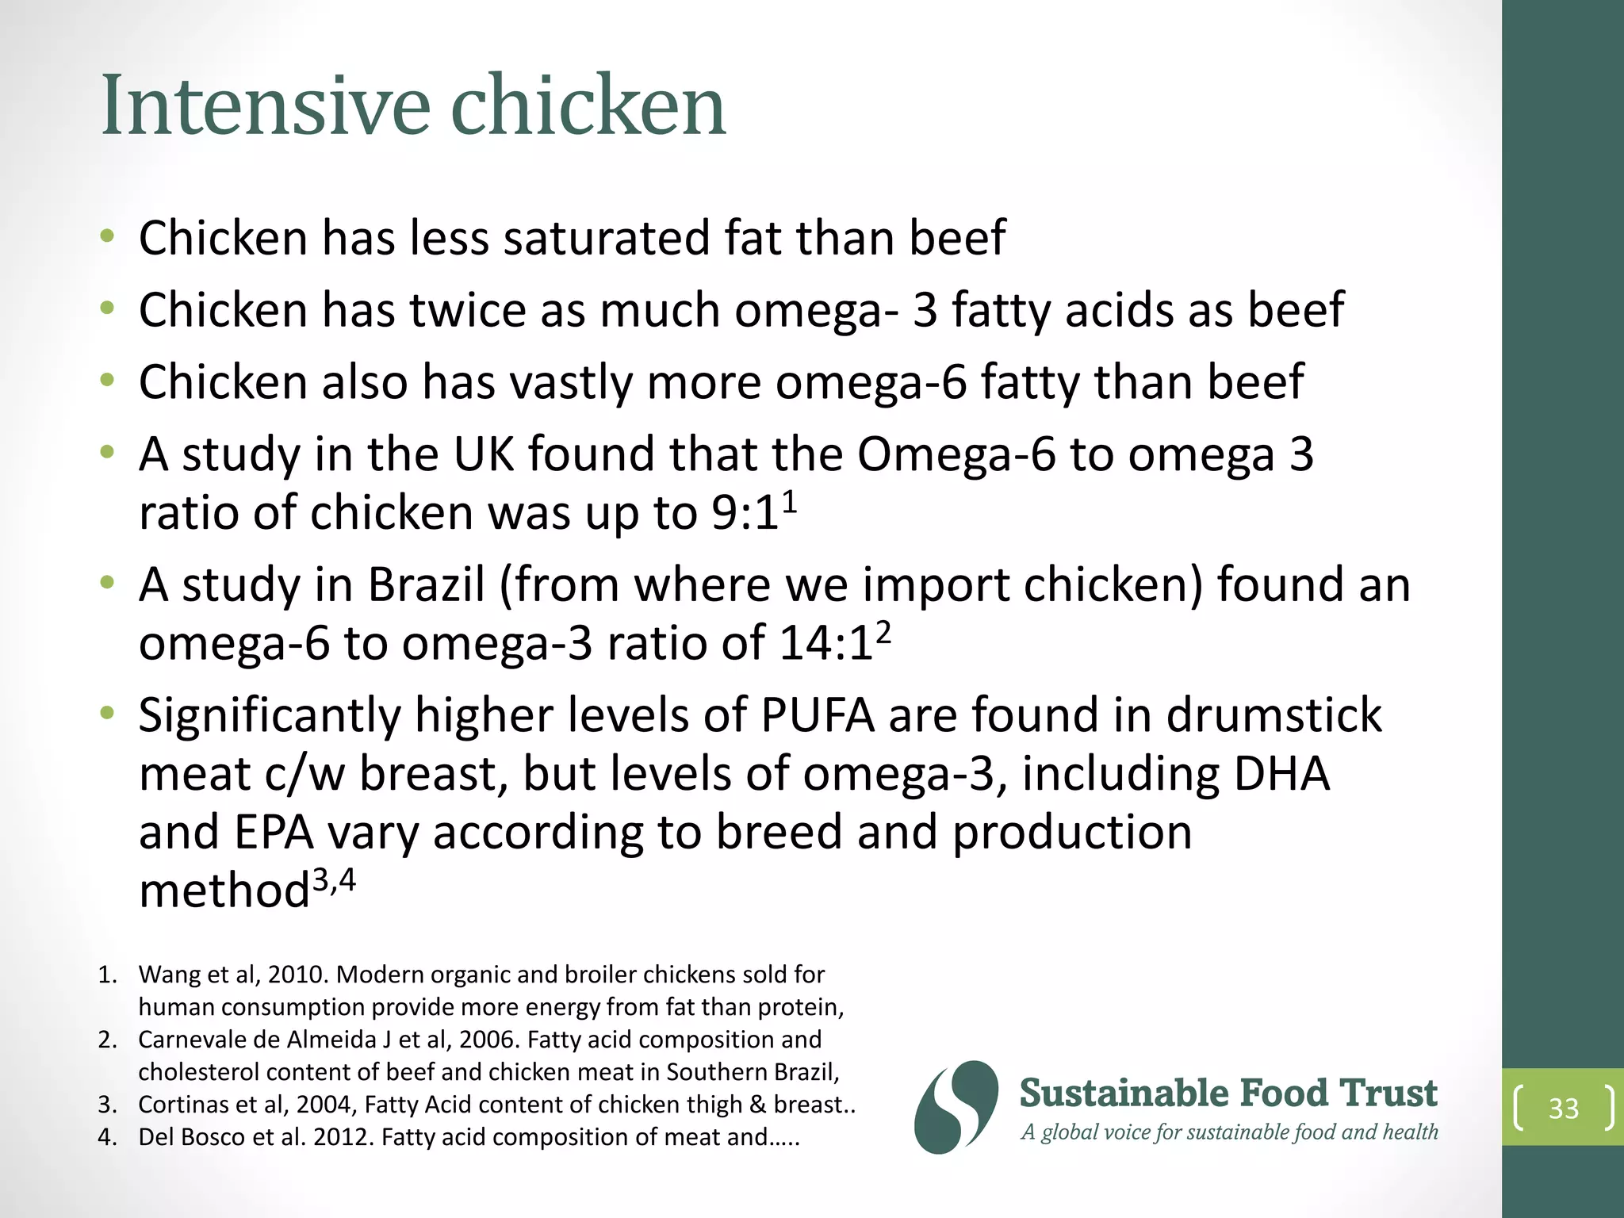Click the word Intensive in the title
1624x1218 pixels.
coord(266,105)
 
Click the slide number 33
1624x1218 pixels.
coord(1563,1108)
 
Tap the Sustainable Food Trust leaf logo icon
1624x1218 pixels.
coord(956,1107)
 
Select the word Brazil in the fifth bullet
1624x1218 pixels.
coord(427,585)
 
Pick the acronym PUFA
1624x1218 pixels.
coord(818,715)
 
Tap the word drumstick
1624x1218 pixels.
coord(1274,715)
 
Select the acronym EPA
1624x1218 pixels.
coord(273,833)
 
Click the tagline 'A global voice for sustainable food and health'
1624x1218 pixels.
coord(1229,1132)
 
